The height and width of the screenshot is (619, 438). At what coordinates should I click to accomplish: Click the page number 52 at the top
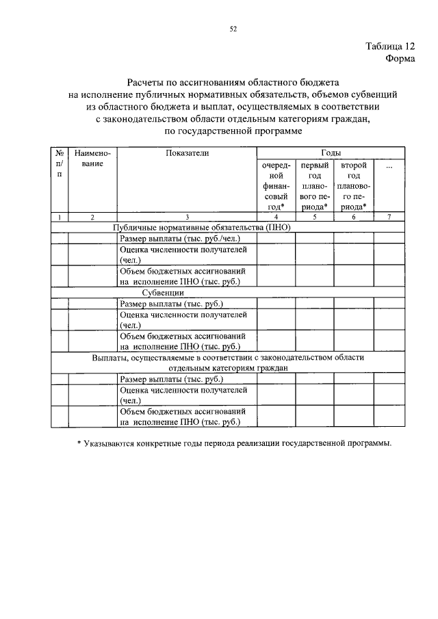pyautogui.click(x=233, y=28)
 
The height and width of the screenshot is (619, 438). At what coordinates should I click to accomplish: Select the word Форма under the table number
pyautogui.click(x=398, y=59)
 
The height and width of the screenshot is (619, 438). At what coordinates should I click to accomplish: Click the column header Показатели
pyautogui.click(x=187, y=154)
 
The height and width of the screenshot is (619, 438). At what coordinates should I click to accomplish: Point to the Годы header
pyautogui.click(x=331, y=154)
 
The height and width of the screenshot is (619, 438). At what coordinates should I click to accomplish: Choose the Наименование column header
pyautogui.click(x=92, y=159)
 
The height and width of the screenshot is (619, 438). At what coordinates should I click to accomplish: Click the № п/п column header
pyautogui.click(x=60, y=164)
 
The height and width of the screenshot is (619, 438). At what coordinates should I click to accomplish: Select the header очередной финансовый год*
pyautogui.click(x=276, y=185)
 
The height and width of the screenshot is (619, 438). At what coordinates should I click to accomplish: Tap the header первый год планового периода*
pyautogui.click(x=315, y=185)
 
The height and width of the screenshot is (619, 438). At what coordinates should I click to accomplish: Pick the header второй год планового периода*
pyautogui.click(x=354, y=185)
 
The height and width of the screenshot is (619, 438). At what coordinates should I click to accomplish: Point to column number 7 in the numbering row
pyautogui.click(x=389, y=217)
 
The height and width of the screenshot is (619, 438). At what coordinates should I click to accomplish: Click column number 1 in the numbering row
pyautogui.click(x=60, y=217)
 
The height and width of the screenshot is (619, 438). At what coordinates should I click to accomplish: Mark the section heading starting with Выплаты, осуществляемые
pyautogui.click(x=229, y=362)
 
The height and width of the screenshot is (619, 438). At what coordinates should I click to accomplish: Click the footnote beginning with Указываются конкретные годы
pyautogui.click(x=234, y=444)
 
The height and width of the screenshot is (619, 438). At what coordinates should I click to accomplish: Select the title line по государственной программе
pyautogui.click(x=233, y=131)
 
